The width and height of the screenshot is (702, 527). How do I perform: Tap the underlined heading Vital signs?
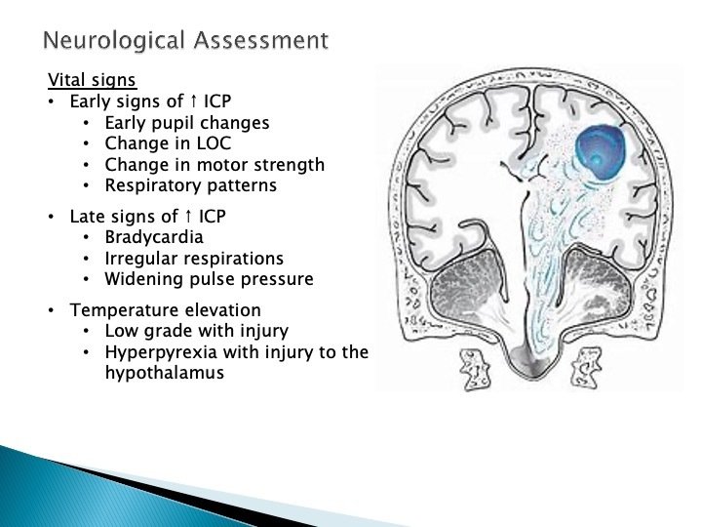pos(93,80)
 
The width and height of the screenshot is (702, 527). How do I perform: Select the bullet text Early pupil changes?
pos(187,123)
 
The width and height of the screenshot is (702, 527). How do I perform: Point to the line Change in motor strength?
pos(214,164)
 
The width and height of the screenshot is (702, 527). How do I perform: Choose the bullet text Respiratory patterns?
pos(191,184)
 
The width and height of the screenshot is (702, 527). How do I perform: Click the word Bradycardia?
pos(154,237)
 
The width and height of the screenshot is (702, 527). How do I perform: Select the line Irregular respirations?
pos(194,259)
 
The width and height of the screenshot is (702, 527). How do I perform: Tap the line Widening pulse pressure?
pos(209,279)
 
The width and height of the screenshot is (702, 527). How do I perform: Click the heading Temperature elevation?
pos(151,310)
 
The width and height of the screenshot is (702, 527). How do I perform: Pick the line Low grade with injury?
pos(196,331)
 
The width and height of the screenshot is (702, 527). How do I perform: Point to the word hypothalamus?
pos(164,372)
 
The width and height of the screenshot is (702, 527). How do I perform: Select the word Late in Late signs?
pos(87,217)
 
